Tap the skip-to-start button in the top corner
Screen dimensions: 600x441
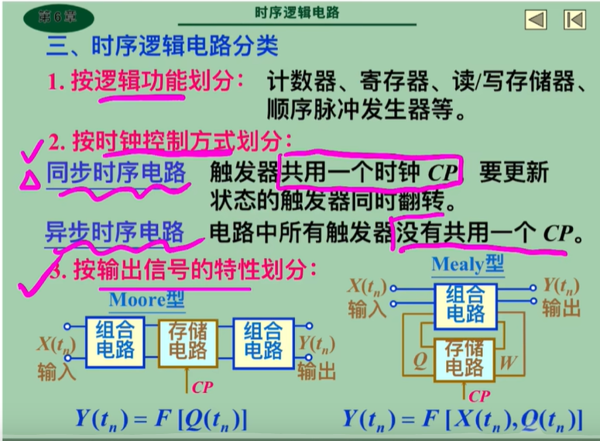point(574,19)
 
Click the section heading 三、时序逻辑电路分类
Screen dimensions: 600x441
point(162,47)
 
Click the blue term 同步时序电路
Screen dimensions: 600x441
point(116,172)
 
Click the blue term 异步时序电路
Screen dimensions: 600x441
point(115,232)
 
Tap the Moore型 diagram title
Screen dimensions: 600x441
point(147,299)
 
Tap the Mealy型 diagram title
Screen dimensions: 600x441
point(467,264)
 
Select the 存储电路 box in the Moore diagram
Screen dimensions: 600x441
point(188,341)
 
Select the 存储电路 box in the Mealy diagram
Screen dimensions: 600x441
point(465,359)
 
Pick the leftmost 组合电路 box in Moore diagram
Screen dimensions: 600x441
point(114,341)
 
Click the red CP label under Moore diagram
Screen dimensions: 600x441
point(202,385)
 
